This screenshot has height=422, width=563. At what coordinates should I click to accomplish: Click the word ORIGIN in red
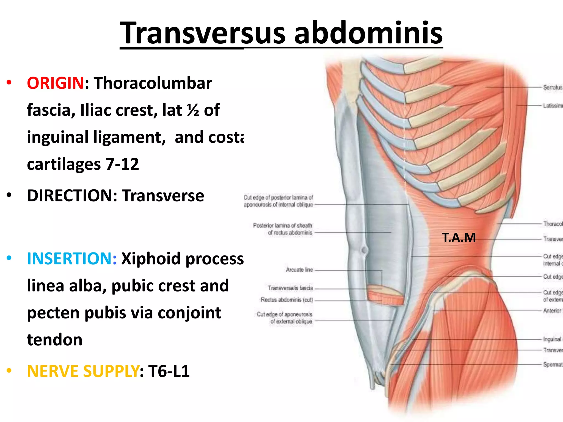click(55, 83)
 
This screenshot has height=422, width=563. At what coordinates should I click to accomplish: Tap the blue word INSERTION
click(72, 259)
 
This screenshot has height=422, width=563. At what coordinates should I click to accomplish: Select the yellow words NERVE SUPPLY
click(83, 371)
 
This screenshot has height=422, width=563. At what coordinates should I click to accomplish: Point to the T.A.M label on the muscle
click(459, 238)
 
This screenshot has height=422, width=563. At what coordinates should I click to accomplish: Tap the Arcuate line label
click(299, 270)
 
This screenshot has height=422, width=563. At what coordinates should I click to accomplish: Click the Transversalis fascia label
click(290, 288)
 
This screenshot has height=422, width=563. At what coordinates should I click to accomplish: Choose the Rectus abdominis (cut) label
click(287, 300)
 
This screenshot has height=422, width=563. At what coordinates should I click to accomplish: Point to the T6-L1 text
click(169, 371)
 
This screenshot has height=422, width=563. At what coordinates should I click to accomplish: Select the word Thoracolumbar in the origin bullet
click(153, 83)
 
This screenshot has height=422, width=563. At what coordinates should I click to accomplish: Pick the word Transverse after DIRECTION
click(163, 196)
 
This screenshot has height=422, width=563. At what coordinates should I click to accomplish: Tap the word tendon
click(55, 340)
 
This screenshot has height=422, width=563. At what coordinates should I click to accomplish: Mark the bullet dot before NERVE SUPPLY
click(9, 371)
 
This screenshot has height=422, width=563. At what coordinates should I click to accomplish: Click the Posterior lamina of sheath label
click(283, 229)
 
